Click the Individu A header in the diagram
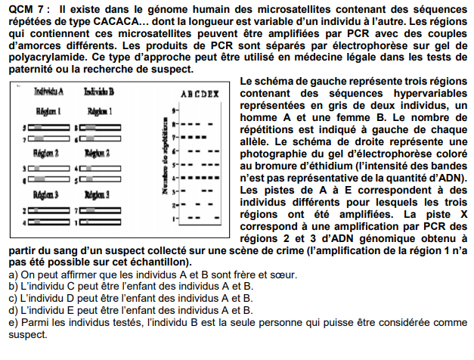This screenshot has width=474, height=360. [48, 92]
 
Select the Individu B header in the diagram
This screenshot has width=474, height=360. [99, 92]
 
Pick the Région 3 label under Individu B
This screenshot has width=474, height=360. [98, 194]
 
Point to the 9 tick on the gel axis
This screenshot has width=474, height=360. [173, 110]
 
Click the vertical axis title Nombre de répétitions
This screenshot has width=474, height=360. [164, 163]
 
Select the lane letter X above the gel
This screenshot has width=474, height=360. [215, 95]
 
